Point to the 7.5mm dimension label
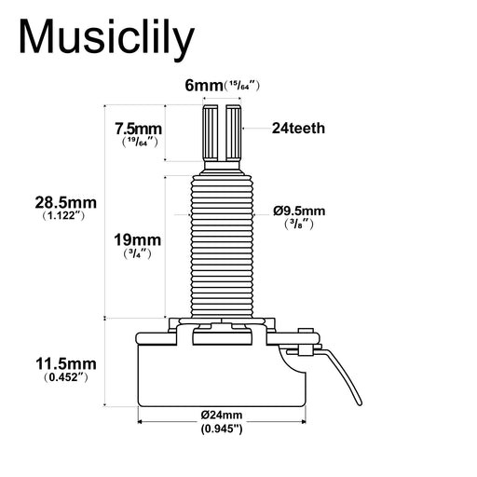(137, 128)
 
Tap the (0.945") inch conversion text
(222, 429)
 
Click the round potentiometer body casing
(222, 373)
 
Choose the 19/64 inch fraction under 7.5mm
(137, 143)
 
